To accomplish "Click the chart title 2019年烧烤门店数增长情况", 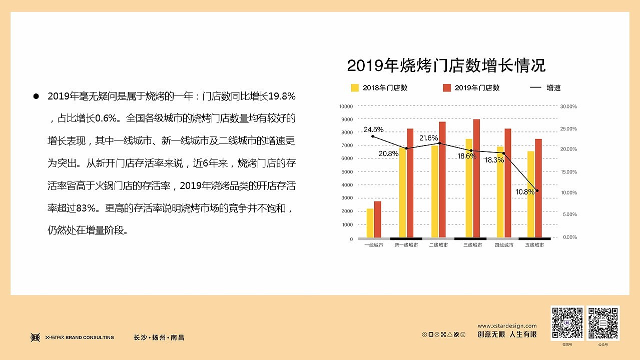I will coord(446,65).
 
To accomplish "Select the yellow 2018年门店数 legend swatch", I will coord(355,88).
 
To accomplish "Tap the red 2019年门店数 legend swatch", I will coord(447,88).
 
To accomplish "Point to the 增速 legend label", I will coord(553,88).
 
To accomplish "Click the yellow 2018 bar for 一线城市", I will coord(370,223).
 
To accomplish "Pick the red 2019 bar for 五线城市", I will coord(538,188).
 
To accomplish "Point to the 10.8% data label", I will coord(525,191).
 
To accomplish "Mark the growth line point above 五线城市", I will coord(537,190).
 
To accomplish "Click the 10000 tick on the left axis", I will coord(346,106).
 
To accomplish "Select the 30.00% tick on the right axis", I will coord(568,106).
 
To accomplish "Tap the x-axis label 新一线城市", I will coord(406,245).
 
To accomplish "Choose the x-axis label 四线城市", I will coord(504,245).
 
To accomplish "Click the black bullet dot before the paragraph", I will coord(36,96).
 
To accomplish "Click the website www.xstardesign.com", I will coord(507,326).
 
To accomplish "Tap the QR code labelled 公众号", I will coord(603,323).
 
